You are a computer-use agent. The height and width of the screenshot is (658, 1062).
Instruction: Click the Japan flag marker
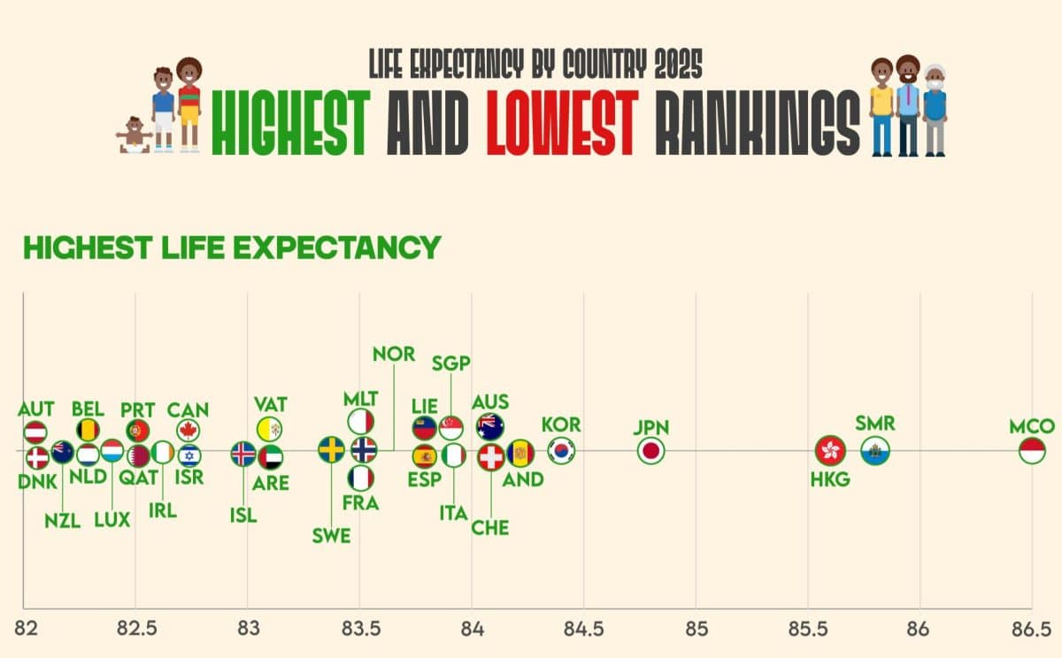coord(651,450)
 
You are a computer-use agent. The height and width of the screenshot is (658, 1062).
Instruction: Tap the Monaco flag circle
coord(1032,450)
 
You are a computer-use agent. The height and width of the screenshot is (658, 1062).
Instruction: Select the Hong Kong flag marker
coord(830,450)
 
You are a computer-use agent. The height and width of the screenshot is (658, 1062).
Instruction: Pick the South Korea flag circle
coord(561,450)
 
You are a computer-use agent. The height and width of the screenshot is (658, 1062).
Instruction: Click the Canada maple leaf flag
coord(189,431)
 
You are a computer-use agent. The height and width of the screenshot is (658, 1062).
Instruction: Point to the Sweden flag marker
coord(331,449)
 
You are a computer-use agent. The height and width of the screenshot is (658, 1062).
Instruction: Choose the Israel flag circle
coord(189,455)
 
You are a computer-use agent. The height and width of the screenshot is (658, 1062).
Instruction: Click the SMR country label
coord(875,423)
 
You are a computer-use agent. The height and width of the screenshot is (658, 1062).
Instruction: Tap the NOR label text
coord(394,354)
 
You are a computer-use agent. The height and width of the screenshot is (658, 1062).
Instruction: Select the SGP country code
coord(450,363)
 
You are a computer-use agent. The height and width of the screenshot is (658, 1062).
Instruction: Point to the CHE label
coord(490,528)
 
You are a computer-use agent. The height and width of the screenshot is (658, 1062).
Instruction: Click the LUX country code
coord(112,520)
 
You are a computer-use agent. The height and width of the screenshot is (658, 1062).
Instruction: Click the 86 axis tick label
coord(919,629)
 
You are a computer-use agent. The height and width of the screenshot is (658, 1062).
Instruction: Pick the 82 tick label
coord(26,629)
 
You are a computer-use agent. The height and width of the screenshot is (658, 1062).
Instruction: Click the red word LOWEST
coord(562,123)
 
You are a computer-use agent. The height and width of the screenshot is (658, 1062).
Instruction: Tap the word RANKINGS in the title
coord(758,123)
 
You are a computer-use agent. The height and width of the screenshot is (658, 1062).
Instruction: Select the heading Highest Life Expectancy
coord(232,248)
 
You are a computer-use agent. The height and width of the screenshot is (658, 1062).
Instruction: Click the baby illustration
coord(135,135)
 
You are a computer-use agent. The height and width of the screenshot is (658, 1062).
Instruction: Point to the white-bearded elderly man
coord(935,111)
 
